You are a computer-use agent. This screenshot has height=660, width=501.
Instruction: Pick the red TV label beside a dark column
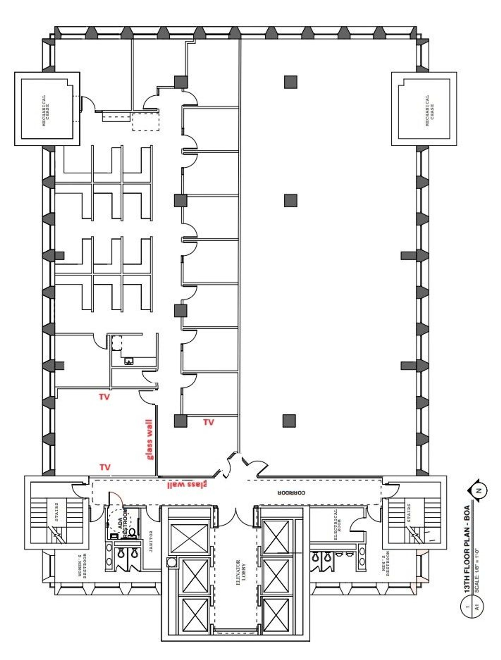click(209, 422)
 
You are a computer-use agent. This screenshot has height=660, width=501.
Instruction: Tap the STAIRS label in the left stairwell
click(57, 512)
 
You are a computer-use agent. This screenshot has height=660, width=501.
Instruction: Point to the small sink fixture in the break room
click(129, 362)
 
